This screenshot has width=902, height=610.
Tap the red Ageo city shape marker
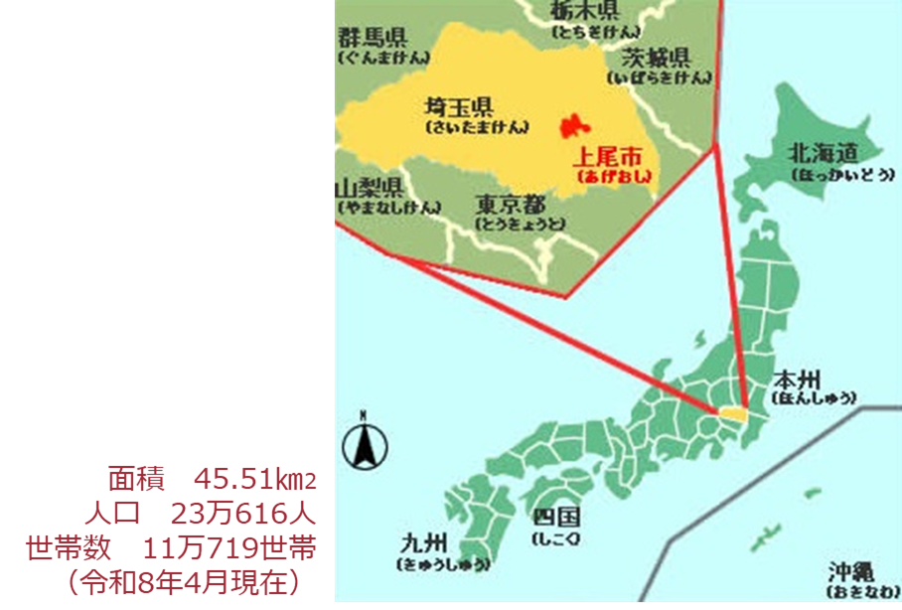tap(570, 127)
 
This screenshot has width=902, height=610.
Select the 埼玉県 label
tap(458, 106)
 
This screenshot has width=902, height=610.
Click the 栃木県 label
tap(585, 11)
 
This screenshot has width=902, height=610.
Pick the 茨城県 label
tap(656, 56)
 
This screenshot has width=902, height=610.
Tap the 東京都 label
tap(510, 204)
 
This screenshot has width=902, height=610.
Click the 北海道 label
tap(822, 152)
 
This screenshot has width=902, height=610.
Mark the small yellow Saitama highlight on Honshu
tap(733, 411)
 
